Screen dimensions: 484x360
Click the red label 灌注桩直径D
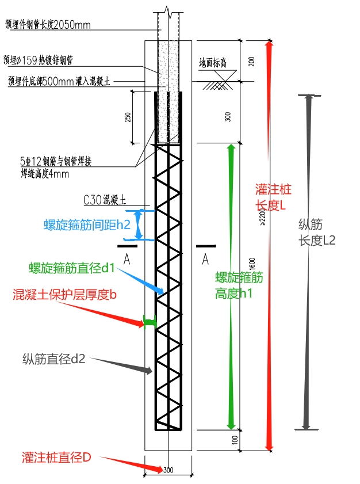[x=56, y=458]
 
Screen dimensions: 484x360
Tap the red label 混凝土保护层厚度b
[x=65, y=295]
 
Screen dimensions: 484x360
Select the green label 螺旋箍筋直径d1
[x=72, y=268]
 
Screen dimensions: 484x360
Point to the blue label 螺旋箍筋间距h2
[x=86, y=225]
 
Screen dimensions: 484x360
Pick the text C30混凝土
[x=104, y=200]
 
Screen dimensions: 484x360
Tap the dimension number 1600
[x=252, y=262]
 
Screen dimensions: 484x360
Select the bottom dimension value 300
[x=168, y=470]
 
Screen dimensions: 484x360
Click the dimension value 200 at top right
[x=251, y=62]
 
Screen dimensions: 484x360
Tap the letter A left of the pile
[x=127, y=260]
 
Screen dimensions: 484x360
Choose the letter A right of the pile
[x=205, y=260]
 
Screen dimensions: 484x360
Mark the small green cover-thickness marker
[x=150, y=323]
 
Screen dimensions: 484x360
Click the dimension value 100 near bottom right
[x=251, y=439]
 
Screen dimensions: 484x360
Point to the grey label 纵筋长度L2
[x=317, y=234]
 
